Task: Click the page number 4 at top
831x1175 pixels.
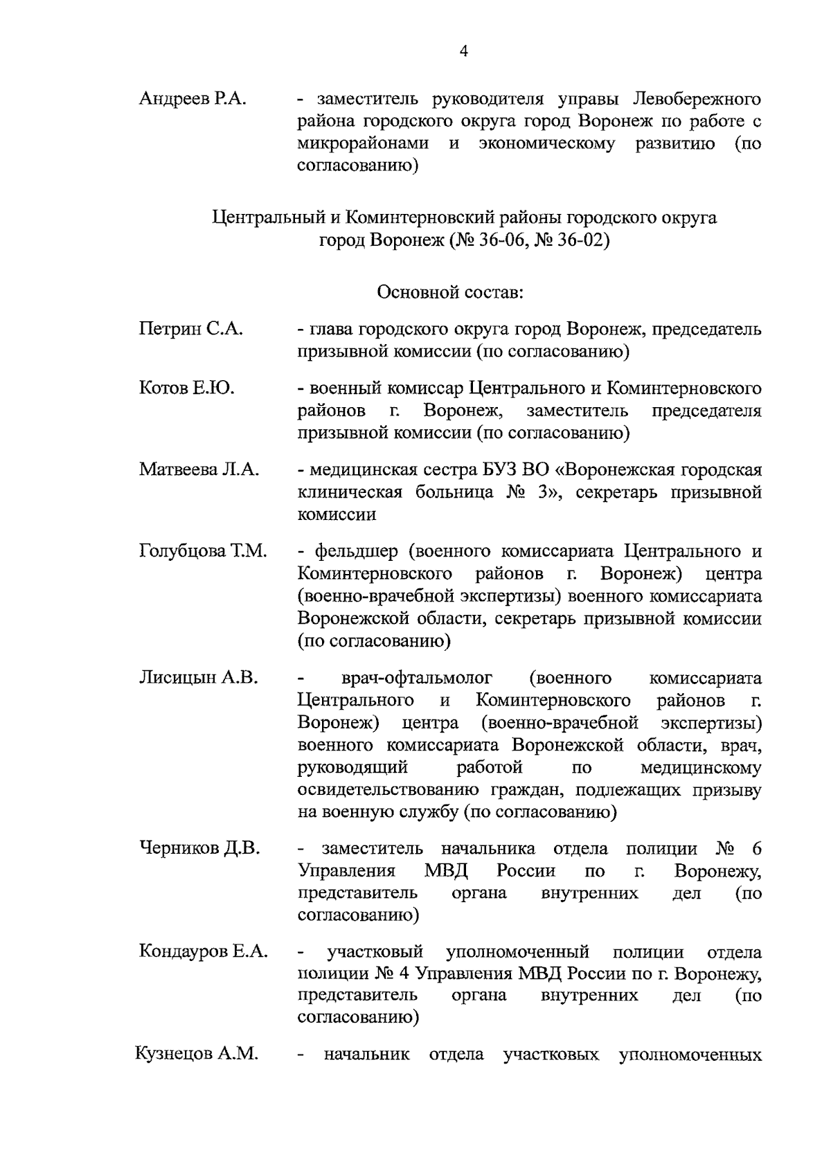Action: click(463, 52)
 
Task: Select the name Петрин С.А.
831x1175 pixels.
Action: click(191, 329)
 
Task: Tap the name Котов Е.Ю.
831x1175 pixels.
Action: click(187, 388)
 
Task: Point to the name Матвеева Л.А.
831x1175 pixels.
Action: click(199, 469)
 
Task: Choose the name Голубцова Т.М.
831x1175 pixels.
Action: click(203, 551)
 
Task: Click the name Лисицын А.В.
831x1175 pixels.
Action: click(199, 678)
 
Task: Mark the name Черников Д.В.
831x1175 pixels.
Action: click(199, 848)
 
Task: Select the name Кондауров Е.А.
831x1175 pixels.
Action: click(204, 951)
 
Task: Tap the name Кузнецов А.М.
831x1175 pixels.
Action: click(197, 1055)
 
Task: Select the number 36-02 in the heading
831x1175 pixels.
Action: click(579, 241)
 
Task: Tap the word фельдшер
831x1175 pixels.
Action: click(357, 552)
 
